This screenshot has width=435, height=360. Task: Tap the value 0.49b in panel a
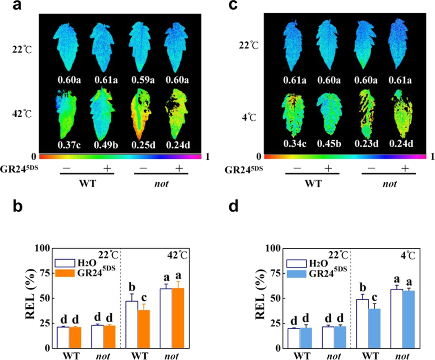106,145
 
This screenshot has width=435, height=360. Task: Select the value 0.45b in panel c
329,144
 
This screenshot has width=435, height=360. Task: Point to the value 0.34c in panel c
295,144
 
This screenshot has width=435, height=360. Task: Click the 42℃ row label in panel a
22,114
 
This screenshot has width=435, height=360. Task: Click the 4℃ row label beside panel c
249,118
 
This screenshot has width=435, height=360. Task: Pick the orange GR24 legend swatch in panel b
65,272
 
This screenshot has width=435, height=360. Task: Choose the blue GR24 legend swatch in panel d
296,274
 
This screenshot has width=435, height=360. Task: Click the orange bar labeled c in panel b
143,329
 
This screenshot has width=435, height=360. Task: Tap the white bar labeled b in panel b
132,324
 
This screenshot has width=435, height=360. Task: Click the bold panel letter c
233,5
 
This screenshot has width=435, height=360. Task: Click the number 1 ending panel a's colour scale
207,156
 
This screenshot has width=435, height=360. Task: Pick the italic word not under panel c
390,184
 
